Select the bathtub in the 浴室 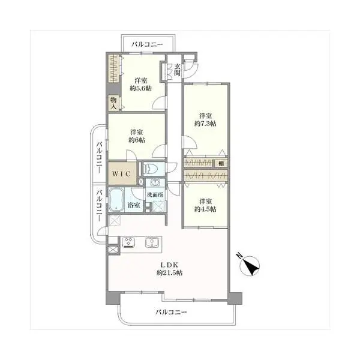116,200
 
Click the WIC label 121,174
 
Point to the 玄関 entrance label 177,70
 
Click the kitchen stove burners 128,242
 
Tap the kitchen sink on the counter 152,242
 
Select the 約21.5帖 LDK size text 170,273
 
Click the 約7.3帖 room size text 205,124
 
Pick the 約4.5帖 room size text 205,209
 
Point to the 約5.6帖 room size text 141,88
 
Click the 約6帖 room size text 137,140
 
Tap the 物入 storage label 113,103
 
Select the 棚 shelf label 221,163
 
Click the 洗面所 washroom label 155,195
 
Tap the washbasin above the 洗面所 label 155,182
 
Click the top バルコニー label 147,44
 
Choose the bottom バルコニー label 172,312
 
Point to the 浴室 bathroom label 134,205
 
